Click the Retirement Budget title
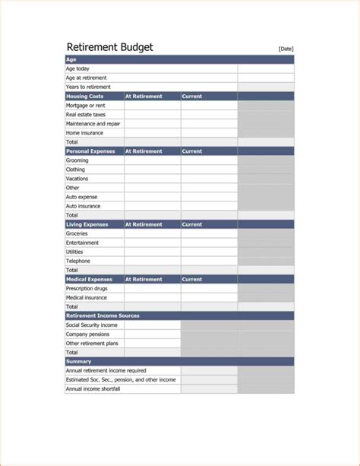(109, 47)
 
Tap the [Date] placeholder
(286, 49)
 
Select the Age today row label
(77, 68)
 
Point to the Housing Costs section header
(84, 97)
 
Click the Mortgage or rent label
(85, 106)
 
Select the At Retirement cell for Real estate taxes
(153, 115)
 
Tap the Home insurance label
(84, 133)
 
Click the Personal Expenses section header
(90, 151)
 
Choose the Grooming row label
(77, 160)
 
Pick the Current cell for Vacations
(209, 179)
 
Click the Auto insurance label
(83, 206)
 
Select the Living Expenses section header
(87, 224)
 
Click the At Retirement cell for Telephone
(153, 261)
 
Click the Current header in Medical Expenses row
(192, 279)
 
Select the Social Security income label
(92, 325)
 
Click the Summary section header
(78, 361)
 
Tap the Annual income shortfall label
(93, 388)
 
